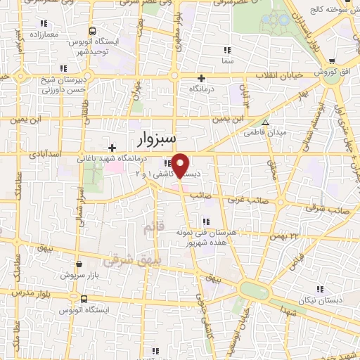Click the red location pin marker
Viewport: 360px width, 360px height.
[x=181, y=165]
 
